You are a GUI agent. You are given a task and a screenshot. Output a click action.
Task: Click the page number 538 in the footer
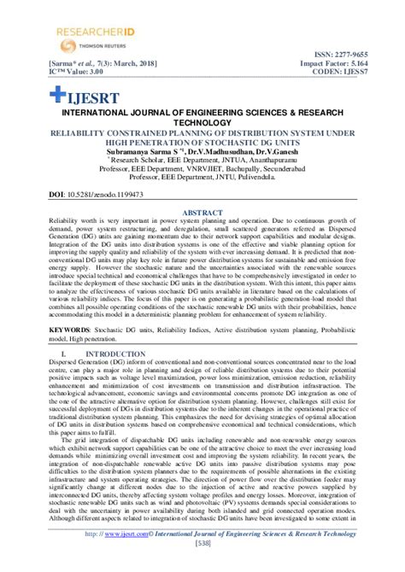tap(202, 565)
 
